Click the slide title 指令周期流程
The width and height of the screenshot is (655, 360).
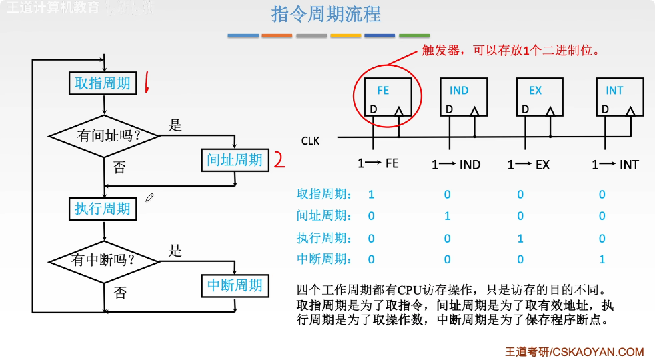click(326, 14)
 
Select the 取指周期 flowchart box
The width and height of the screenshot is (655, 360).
click(103, 83)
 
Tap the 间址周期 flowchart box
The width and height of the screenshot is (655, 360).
click(235, 160)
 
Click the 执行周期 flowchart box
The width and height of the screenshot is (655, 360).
click(103, 209)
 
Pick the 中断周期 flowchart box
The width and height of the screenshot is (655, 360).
click(235, 285)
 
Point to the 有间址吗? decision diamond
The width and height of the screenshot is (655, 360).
click(105, 136)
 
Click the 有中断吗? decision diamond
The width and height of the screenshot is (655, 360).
click(105, 260)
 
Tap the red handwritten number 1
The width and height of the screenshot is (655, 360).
click(146, 83)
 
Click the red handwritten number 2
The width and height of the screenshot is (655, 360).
click(279, 160)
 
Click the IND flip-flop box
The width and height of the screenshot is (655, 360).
click(463, 97)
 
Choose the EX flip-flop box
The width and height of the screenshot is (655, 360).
click(540, 97)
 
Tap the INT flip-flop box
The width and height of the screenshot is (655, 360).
click(620, 97)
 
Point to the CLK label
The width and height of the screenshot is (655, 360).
click(311, 141)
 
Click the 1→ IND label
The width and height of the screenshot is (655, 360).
click(456, 165)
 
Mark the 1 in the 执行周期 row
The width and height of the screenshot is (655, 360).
click(520, 238)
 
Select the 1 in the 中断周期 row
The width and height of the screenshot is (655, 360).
click(602, 259)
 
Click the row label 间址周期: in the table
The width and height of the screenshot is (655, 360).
click(324, 216)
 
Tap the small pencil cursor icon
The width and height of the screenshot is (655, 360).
click(150, 197)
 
